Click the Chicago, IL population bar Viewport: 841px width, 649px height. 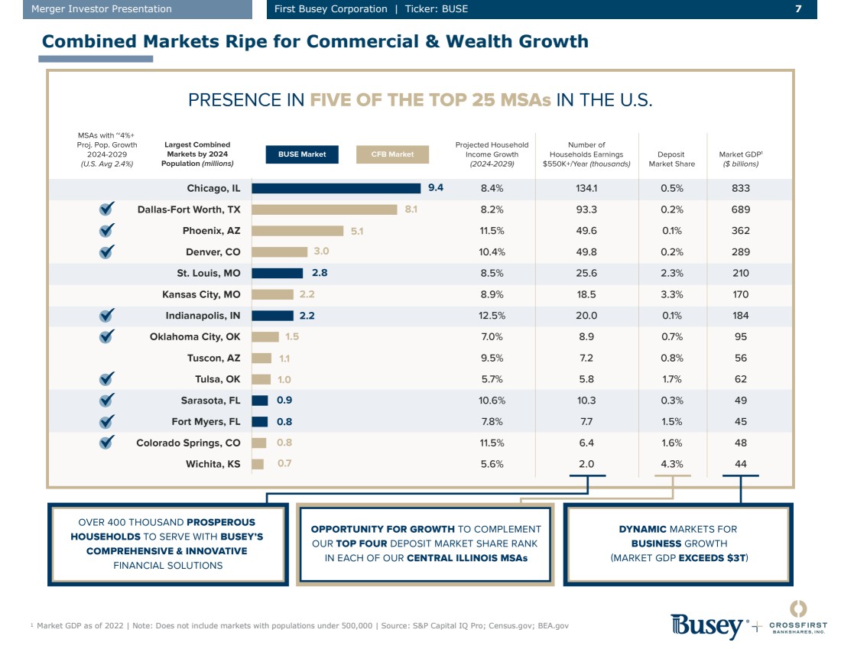click(x=336, y=188)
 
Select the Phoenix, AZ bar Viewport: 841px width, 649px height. click(x=297, y=231)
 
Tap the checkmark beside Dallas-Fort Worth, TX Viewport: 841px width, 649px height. click(x=107, y=209)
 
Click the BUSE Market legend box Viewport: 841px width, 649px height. click(x=302, y=154)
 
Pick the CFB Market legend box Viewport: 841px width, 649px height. click(x=393, y=154)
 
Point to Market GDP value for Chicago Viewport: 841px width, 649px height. click(x=740, y=188)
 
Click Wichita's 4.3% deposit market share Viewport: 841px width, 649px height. click(x=672, y=464)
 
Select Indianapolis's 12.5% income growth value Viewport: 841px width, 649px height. click(x=492, y=316)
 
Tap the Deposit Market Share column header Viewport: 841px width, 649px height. click(x=672, y=158)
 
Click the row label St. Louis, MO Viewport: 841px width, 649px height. click(x=209, y=273)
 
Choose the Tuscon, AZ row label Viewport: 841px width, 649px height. click(x=213, y=358)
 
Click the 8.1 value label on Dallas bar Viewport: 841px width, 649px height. click(x=411, y=209)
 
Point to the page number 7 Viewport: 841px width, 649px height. click(x=798, y=9)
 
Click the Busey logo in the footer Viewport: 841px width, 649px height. click(x=708, y=625)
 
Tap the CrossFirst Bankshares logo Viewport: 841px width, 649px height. click(x=797, y=618)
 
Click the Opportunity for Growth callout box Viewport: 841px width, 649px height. click(x=426, y=544)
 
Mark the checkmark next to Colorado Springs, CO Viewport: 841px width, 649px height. click(x=107, y=443)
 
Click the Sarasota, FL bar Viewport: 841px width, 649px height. click(x=260, y=401)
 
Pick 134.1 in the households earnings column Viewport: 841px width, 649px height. click(x=586, y=188)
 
